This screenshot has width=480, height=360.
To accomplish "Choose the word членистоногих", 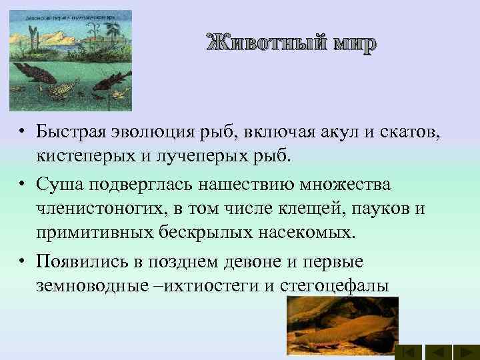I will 97,208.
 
